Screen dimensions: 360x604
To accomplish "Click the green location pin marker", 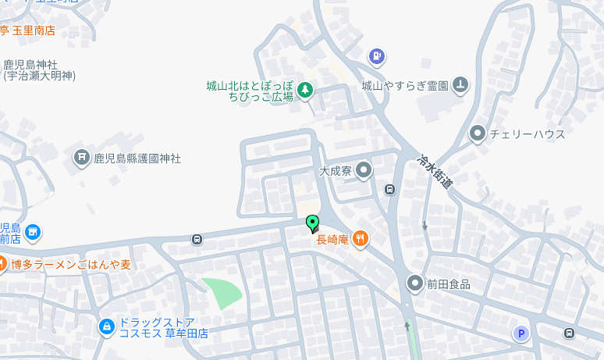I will [x=312, y=223].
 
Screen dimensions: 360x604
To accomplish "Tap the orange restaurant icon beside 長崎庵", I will [x=361, y=239].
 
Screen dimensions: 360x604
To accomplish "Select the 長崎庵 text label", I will [x=331, y=240].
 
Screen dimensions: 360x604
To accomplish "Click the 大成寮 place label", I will [x=336, y=169].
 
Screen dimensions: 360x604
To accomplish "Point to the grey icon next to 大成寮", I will [x=364, y=169].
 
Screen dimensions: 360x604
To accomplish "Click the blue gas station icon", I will [x=377, y=56].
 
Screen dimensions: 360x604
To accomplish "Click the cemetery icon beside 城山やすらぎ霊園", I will [x=460, y=84].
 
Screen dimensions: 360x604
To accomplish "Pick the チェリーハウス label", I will [x=527, y=134].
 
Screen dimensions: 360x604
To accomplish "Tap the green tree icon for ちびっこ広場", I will [x=305, y=91].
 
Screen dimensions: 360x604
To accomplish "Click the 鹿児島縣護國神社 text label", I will [x=137, y=158].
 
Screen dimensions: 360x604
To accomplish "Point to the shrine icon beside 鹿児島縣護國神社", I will [x=81, y=158].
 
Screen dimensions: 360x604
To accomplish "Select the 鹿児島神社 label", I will [x=36, y=64].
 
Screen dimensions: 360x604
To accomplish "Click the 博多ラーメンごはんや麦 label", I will [x=71, y=265].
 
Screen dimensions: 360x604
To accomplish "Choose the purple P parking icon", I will [x=521, y=333].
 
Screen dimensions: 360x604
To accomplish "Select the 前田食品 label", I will [x=449, y=284].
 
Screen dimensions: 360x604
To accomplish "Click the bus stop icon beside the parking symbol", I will [x=569, y=333].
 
